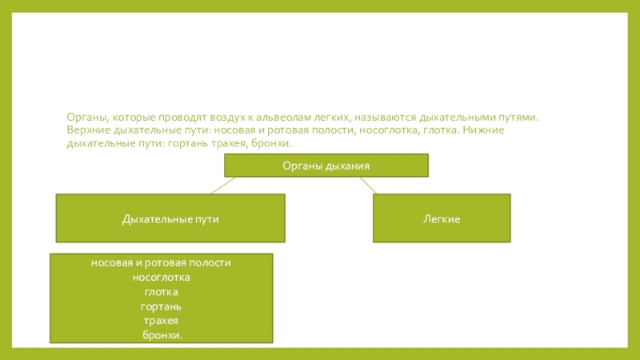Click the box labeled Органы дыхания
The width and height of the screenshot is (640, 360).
tap(326, 166)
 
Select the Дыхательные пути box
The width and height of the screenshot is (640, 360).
tap(170, 218)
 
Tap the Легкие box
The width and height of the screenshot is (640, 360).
tap(442, 218)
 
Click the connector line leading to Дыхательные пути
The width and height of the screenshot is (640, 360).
tap(222, 185)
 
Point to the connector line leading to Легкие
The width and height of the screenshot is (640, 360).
tap(367, 185)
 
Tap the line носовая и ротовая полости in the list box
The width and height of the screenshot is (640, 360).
tap(161, 262)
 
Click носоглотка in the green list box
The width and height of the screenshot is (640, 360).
tap(161, 277)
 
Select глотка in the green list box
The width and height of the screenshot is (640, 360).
tap(161, 291)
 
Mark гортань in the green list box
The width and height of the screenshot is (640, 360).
tap(161, 306)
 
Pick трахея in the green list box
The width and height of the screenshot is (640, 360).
tap(161, 321)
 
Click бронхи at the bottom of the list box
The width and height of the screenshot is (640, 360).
tap(162, 335)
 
